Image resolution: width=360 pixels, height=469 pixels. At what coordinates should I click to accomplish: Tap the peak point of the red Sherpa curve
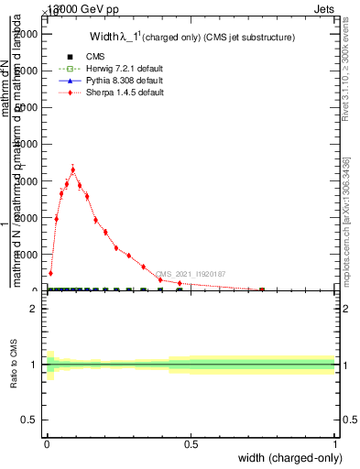click(72, 169)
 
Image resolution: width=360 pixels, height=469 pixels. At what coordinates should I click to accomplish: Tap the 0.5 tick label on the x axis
click(191, 444)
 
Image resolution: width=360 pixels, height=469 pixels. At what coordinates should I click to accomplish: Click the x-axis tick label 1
click(335, 444)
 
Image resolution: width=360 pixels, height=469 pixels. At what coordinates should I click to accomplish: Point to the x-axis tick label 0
click(47, 444)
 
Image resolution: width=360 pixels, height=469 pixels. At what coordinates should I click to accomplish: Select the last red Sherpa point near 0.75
click(262, 289)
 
